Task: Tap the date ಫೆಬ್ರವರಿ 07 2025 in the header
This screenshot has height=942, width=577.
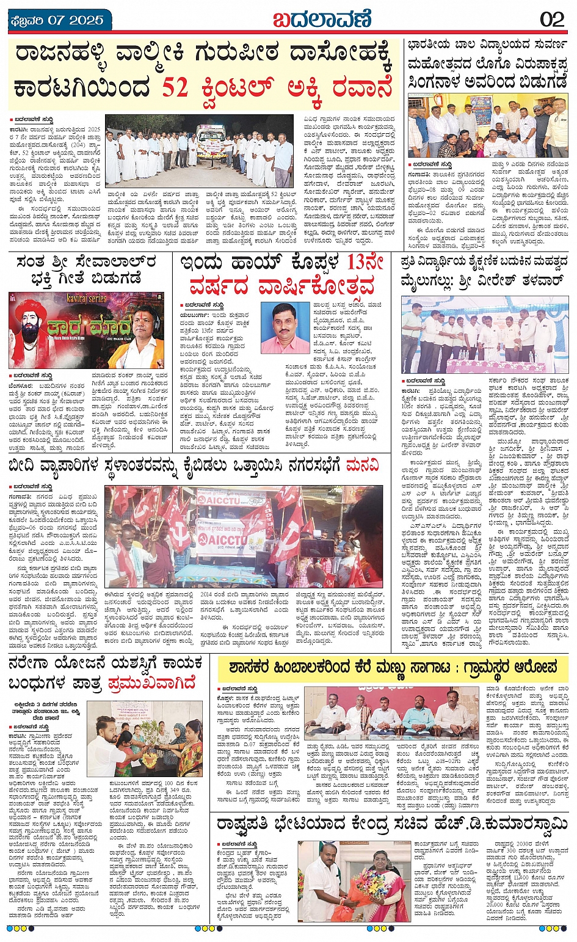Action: [57, 20]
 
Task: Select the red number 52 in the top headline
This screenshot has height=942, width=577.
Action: [175, 89]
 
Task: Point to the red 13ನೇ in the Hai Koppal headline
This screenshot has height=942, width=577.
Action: [365, 263]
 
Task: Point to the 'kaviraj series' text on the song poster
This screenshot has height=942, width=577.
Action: [85, 299]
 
